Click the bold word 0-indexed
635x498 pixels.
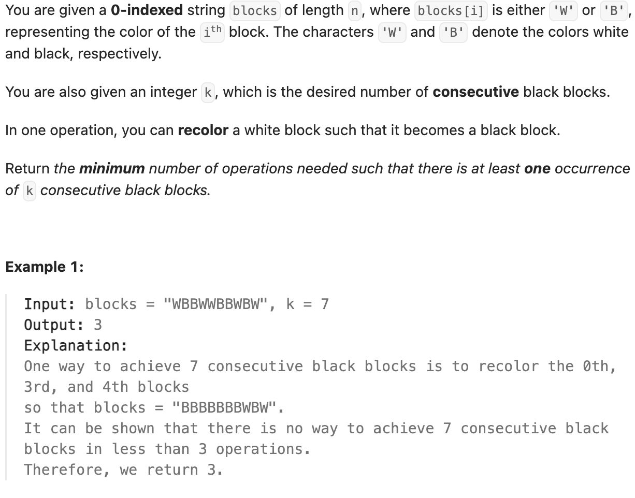147,10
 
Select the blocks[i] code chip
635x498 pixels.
451,11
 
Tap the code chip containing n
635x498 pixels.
355,11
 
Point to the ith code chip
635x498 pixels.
212,32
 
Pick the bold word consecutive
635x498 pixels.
475,92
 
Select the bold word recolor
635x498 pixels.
203,130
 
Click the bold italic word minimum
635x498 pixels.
111,169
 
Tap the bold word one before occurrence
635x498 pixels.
537,169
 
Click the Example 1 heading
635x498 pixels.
44,267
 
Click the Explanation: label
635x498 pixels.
76,345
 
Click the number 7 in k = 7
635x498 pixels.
325,304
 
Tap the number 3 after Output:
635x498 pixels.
97,325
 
